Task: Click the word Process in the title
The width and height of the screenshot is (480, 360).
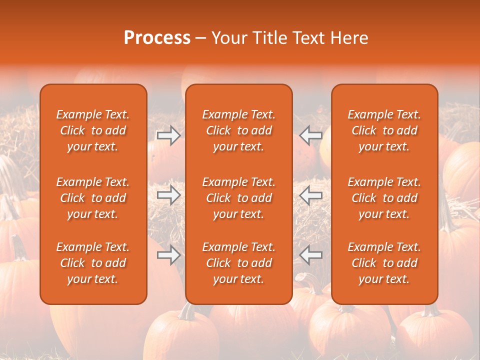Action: (x=157, y=38)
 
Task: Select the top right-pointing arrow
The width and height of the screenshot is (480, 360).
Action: (x=168, y=135)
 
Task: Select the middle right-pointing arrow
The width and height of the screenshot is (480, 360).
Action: (x=168, y=195)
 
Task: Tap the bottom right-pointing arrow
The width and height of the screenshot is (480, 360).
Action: (x=168, y=255)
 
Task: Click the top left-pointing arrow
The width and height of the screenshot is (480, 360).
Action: (x=310, y=135)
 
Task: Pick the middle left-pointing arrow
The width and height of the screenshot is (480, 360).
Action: (x=310, y=195)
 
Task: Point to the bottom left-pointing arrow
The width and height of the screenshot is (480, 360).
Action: (x=310, y=255)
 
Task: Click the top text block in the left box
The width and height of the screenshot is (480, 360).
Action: (x=93, y=130)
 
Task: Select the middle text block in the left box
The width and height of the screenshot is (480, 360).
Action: (x=93, y=198)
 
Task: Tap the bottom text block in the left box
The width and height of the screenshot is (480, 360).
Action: (x=93, y=263)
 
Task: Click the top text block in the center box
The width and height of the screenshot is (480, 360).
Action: (x=239, y=130)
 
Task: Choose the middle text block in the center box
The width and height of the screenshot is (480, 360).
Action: (x=239, y=198)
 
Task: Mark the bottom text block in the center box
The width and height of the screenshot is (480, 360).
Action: (x=239, y=263)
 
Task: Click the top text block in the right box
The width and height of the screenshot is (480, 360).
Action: (x=384, y=130)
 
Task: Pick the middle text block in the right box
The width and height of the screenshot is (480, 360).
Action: (x=384, y=198)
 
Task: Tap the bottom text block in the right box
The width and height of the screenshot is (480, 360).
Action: (x=384, y=263)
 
